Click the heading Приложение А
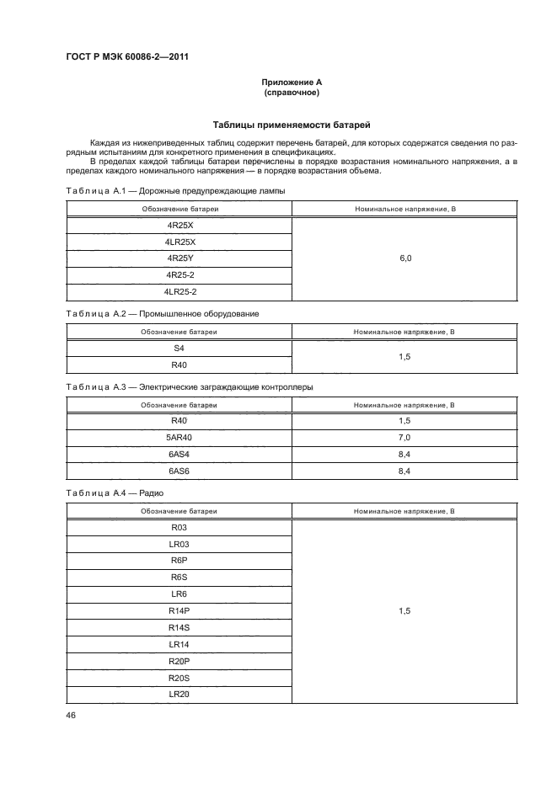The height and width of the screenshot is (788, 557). pos(292,82)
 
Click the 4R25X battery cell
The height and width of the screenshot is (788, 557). pos(179,226)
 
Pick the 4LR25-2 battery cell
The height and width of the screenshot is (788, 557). pos(179,291)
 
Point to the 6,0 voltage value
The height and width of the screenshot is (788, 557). pos(404,259)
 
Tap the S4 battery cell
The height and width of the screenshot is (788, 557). pos(179,349)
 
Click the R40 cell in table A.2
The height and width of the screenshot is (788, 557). pos(179,365)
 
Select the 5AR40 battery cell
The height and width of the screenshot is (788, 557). pos(179,438)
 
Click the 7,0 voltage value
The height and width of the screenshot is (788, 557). pos(404,438)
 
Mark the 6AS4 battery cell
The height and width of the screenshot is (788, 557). pos(179,455)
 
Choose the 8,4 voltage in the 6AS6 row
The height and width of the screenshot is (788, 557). pos(404,471)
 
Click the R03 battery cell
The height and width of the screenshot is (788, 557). pos(179,528)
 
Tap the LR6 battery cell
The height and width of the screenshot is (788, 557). pos(179,594)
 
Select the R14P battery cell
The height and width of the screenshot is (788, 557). pos(179,611)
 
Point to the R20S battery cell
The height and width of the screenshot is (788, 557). pos(179,678)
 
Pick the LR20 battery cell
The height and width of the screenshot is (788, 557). pos(179,694)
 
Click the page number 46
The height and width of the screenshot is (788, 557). pos(71,716)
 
